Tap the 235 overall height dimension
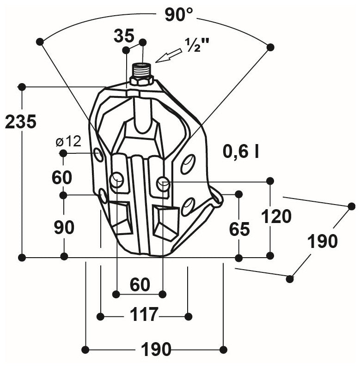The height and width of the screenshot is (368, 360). click(x=20, y=122)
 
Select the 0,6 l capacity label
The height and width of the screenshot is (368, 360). click(x=241, y=151)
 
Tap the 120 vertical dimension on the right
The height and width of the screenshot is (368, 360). click(x=276, y=216)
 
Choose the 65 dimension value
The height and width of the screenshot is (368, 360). click(x=239, y=229)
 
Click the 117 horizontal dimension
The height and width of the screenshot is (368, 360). click(x=144, y=315)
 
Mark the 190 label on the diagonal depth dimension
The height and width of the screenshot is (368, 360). click(x=323, y=241)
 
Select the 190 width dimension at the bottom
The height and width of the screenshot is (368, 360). click(x=156, y=350)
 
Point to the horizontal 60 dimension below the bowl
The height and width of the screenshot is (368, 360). click(x=140, y=285)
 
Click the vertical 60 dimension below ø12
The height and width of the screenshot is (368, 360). click(x=62, y=177)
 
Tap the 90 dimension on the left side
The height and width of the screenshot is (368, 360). click(x=64, y=227)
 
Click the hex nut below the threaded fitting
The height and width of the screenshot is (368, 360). click(x=141, y=81)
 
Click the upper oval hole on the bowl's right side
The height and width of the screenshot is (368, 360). click(x=188, y=164)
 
